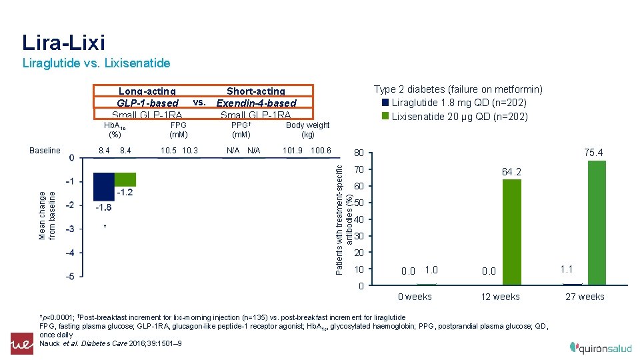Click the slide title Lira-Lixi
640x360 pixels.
click(x=63, y=42)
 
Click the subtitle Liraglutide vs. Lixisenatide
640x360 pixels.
click(x=96, y=63)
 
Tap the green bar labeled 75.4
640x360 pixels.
click(x=597, y=223)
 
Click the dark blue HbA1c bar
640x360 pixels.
click(x=103, y=186)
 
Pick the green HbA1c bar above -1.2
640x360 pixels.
click(x=125, y=179)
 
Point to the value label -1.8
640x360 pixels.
click(x=103, y=207)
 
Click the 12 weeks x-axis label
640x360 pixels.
click(x=500, y=297)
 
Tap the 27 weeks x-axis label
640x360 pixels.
click(x=585, y=297)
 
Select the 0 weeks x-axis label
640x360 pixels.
click(x=415, y=297)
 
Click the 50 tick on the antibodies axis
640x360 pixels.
click(x=359, y=203)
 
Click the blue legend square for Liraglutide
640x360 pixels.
click(x=385, y=103)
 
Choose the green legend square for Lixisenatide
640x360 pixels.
click(x=385, y=116)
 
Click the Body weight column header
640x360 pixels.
click(x=307, y=129)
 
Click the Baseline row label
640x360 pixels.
click(x=45, y=151)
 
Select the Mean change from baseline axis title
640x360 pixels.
click(x=48, y=215)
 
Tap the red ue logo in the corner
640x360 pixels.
click(x=21, y=343)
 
